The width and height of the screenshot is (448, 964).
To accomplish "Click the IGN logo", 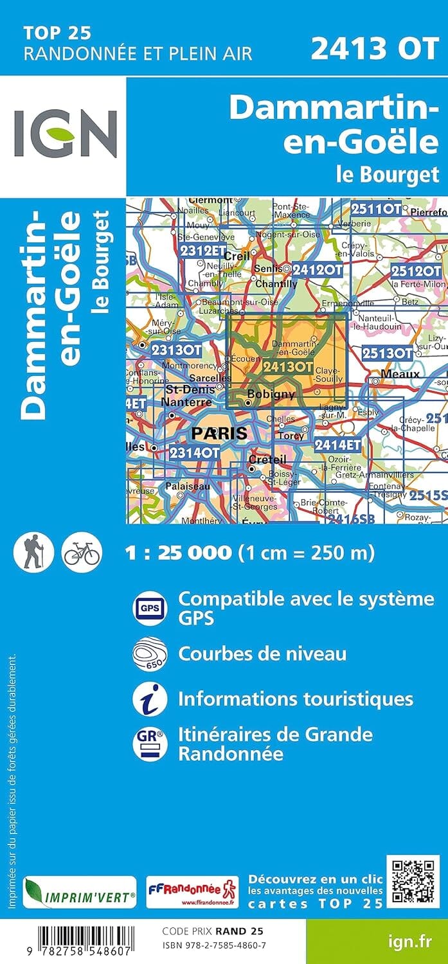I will click(66, 133).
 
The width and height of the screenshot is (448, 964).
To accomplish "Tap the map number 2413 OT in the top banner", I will click(375, 49).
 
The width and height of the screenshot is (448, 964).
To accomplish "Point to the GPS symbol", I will click(149, 607).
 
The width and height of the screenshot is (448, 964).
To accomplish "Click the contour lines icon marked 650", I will click(149, 654).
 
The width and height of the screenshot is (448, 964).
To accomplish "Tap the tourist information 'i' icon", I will click(149, 699).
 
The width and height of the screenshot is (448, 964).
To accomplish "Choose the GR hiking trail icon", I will click(149, 743).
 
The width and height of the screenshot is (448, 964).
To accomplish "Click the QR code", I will click(413, 882).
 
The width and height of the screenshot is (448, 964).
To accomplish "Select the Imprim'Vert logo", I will click(79, 893).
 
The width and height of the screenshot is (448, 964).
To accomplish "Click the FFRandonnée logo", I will click(192, 893).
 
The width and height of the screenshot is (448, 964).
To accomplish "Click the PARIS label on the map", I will click(219, 433).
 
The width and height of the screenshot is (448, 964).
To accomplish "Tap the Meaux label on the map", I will click(400, 373).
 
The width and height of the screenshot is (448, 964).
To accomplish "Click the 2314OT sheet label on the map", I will click(195, 452).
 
